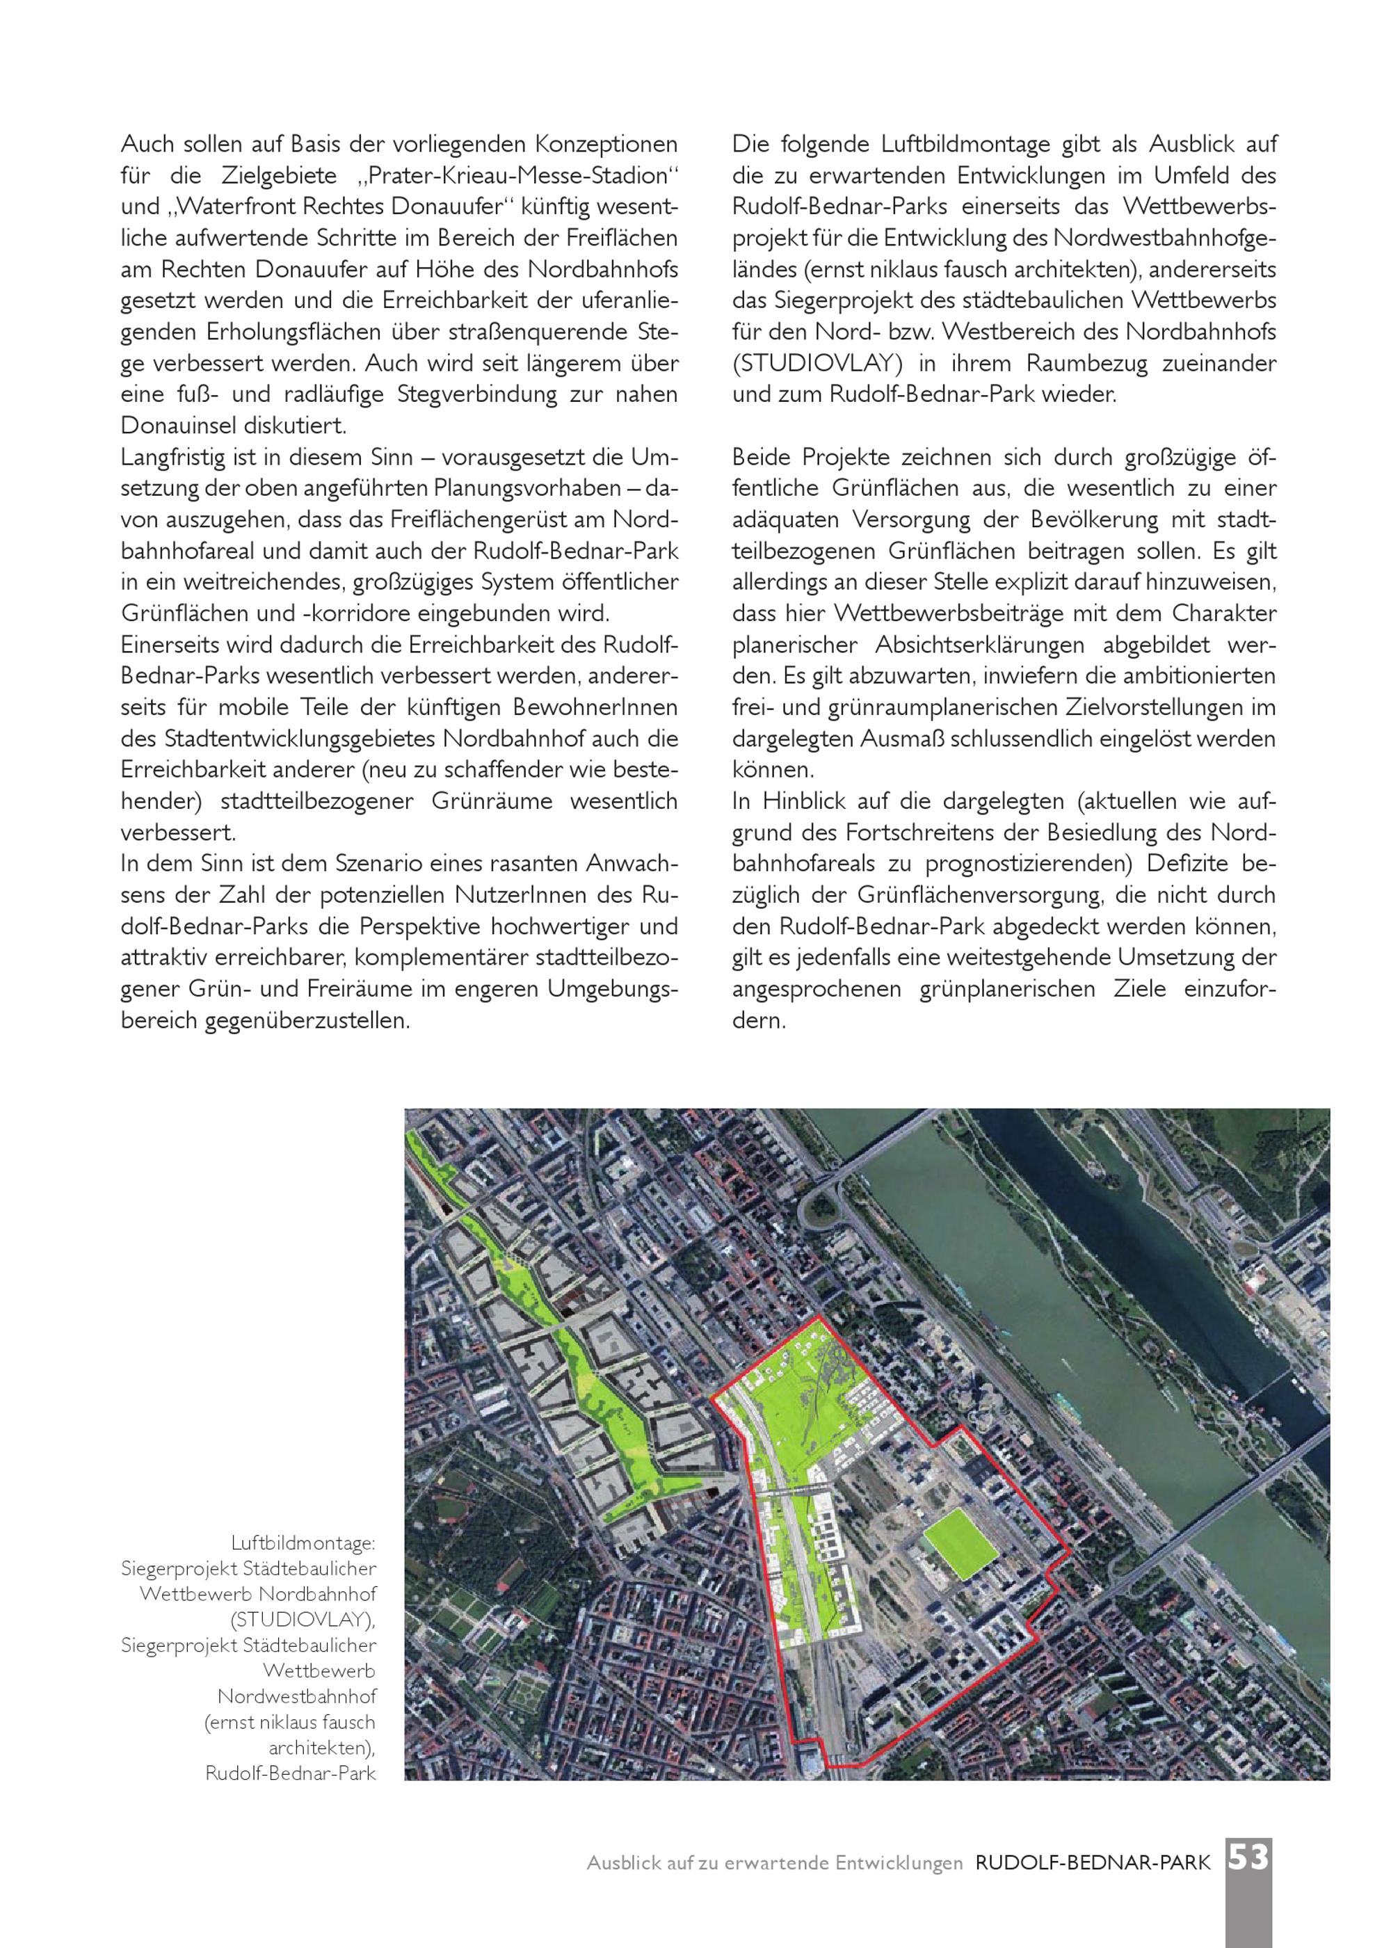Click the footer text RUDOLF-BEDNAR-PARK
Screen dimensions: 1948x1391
tap(1093, 1863)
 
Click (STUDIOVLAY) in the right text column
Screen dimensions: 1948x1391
tap(817, 363)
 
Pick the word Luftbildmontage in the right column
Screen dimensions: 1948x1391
tap(962, 145)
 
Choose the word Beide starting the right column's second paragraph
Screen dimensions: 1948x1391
tap(762, 457)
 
